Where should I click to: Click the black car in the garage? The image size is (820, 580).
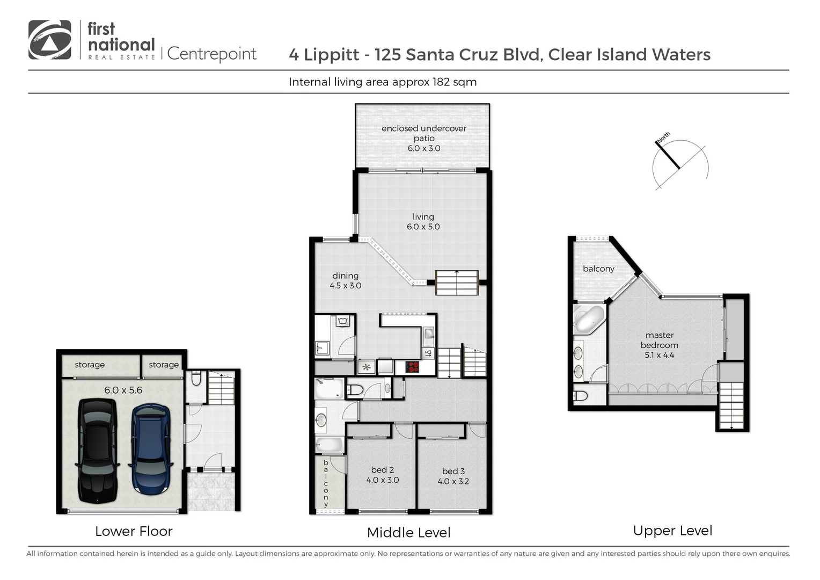(97, 451)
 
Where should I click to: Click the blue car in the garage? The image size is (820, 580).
(150, 449)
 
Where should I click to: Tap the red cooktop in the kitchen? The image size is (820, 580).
(413, 366)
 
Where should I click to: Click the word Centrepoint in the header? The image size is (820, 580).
(211, 54)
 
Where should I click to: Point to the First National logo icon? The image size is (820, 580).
(50, 40)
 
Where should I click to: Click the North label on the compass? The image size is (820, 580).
(663, 137)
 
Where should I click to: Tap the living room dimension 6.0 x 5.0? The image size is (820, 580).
(423, 227)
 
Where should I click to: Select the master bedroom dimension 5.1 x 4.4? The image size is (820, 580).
(660, 355)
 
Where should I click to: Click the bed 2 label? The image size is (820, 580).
(383, 470)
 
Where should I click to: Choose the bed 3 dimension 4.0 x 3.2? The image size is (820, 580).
(453, 481)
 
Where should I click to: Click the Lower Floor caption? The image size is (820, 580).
(134, 531)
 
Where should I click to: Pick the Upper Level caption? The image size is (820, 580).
(672, 531)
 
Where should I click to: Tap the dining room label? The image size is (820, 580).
(345, 275)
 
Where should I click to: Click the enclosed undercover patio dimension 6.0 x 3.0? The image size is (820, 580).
(424, 148)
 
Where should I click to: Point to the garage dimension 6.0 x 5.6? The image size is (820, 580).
(123, 390)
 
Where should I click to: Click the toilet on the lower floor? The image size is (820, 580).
(196, 378)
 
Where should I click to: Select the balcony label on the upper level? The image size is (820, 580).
(598, 269)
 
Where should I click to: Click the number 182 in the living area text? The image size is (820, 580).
(441, 82)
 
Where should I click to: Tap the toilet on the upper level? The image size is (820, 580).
(581, 395)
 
